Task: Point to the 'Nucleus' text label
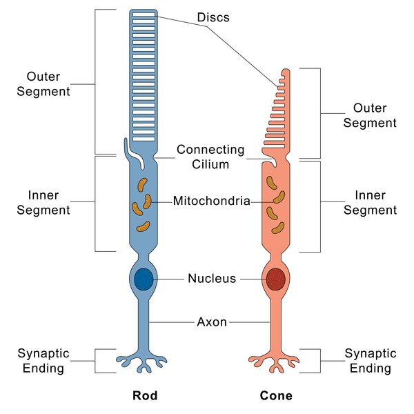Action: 212,279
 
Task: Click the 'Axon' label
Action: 212,322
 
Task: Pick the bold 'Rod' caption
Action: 145,396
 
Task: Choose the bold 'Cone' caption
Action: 276,396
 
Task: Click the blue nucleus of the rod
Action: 144,279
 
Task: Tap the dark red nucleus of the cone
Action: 276,279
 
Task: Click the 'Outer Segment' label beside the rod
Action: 48,83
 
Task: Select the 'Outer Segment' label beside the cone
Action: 370,116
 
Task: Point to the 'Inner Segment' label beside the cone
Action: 370,203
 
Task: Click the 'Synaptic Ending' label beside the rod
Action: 41,361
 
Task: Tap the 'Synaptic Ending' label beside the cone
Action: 370,361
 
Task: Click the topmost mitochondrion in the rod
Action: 142,185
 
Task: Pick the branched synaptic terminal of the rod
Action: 144,359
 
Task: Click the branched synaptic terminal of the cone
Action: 276,359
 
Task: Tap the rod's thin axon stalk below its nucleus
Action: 144,324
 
